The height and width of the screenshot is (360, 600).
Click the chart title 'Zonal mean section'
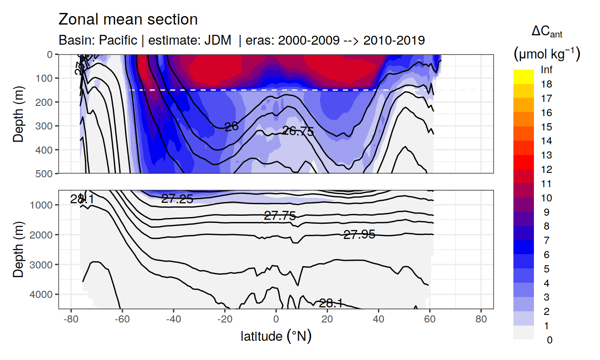click(128, 20)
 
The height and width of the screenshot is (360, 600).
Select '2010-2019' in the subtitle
click(394, 40)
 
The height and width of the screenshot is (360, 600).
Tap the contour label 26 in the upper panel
click(231, 127)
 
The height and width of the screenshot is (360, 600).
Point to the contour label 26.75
click(298, 131)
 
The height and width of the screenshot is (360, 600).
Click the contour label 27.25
click(177, 199)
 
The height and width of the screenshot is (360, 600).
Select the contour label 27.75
click(280, 216)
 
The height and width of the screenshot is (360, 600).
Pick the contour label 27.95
click(359, 234)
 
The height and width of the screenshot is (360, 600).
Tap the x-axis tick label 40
click(379, 320)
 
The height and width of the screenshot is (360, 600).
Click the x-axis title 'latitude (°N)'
click(276, 336)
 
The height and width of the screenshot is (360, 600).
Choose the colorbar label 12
click(546, 170)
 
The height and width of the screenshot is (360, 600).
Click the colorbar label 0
click(549, 340)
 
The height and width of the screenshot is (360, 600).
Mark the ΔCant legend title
click(546, 32)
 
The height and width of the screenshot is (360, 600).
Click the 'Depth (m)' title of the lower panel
click(18, 249)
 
